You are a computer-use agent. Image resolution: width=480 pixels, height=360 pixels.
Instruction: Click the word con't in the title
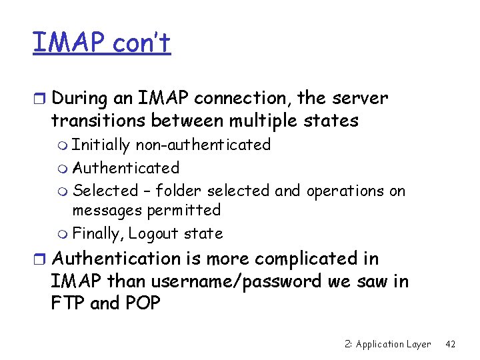tap(141, 43)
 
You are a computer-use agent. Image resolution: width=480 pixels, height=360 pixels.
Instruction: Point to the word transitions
tap(97, 121)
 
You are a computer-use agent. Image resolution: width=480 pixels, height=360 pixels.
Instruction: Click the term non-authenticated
tap(203, 145)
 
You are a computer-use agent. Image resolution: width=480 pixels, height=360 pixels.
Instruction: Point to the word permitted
tap(183, 210)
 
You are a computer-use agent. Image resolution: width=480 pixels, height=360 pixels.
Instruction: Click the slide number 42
tap(450, 344)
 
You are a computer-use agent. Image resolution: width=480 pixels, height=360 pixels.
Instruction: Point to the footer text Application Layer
tap(393, 344)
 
